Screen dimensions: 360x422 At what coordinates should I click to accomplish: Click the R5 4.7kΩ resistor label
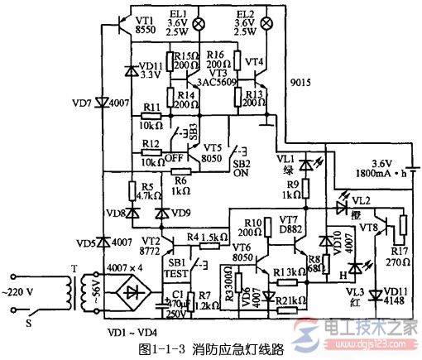point(147,193)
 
